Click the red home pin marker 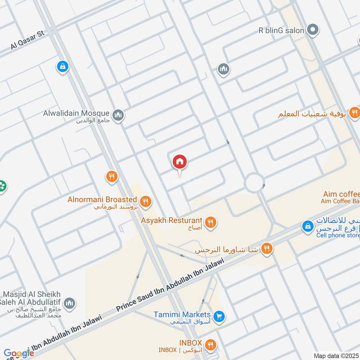(x=180, y=162)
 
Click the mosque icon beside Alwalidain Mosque (x=118, y=116)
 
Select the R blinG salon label (x=281, y=31)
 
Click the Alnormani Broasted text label (x=102, y=199)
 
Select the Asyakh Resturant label (x=171, y=220)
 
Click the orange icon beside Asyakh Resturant (x=210, y=222)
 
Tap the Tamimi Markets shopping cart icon (x=219, y=317)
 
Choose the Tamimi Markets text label (x=182, y=314)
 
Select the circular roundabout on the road (x=254, y=183)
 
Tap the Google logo (x=18, y=353)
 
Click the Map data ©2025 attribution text (x=336, y=355)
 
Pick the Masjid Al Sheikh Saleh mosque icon (x=69, y=303)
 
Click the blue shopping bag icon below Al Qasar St (x=63, y=67)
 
